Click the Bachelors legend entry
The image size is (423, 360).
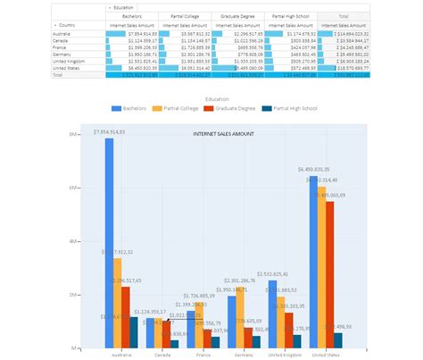pos(130,108)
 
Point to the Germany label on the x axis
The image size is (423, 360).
pos(243,355)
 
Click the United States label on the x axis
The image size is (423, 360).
pos(325,355)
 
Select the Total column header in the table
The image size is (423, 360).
pos(344,16)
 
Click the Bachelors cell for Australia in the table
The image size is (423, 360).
pos(131,34)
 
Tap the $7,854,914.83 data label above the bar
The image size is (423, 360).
pos(111,132)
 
